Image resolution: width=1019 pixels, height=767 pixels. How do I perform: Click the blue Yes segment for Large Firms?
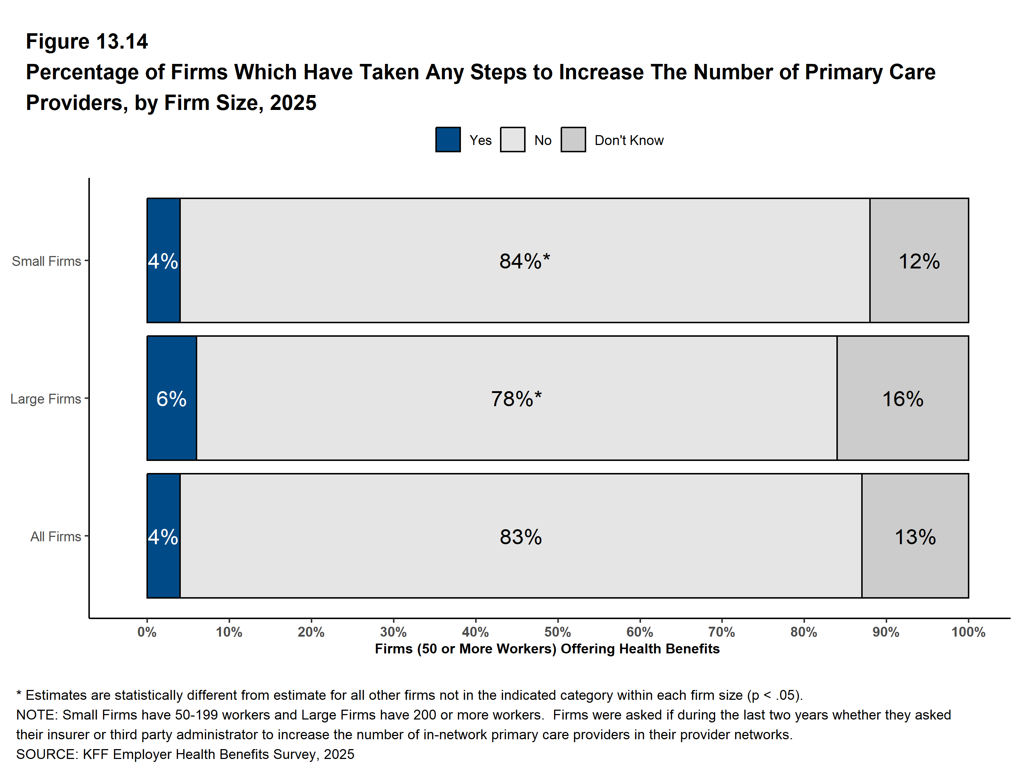[x=172, y=398]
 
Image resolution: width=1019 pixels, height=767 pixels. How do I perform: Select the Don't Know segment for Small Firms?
[x=919, y=260]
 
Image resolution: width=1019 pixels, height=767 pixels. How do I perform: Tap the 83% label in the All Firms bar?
[x=520, y=537]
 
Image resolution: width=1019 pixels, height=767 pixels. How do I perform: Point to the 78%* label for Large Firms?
[x=516, y=399]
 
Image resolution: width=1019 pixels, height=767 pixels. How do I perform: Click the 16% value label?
[x=902, y=399]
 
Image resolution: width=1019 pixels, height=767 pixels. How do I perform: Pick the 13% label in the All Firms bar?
[x=915, y=537]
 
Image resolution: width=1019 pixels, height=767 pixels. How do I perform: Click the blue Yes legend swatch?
[x=448, y=140]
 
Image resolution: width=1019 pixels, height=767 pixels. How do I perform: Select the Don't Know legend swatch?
[x=573, y=140]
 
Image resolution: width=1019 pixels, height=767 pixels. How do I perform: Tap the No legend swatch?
[x=512, y=140]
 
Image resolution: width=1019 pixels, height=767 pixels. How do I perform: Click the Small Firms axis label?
[x=46, y=261]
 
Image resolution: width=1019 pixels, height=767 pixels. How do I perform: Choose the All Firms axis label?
[x=56, y=537]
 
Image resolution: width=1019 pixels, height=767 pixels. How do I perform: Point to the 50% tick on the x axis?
[x=557, y=632]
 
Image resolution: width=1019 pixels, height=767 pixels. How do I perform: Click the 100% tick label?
[x=968, y=632]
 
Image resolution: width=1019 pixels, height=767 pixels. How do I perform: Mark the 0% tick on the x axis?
[x=147, y=632]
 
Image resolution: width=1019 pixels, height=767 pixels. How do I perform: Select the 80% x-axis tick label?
[x=804, y=632]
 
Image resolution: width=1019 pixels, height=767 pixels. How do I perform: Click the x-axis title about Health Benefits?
[x=547, y=649]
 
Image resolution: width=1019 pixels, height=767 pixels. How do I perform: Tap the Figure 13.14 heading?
[x=87, y=42]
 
